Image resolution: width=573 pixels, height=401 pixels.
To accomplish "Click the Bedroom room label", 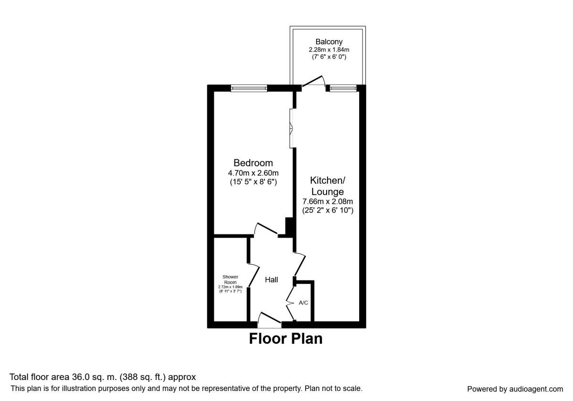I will [253, 163].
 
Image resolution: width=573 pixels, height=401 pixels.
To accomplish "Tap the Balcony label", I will [329, 42].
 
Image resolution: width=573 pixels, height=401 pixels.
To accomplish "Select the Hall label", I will [272, 280].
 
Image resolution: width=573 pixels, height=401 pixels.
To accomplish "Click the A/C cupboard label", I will [303, 303].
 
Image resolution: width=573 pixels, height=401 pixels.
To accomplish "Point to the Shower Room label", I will [230, 279].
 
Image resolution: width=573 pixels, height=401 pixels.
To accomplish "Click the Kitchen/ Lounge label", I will [328, 186].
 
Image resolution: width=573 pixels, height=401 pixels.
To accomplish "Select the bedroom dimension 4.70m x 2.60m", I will [253, 173].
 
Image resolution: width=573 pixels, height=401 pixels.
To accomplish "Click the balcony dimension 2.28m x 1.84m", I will [329, 49].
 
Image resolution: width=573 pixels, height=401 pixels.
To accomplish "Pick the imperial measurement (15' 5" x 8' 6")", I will [253, 182].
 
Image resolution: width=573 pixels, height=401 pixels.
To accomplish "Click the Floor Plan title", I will [286, 339].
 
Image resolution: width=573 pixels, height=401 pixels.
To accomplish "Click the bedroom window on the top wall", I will [249, 88].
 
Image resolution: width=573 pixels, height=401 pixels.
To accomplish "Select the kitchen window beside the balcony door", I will [343, 88].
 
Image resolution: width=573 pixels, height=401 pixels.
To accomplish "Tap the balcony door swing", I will [314, 82].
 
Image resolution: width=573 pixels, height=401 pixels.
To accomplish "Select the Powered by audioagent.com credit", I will [515, 389].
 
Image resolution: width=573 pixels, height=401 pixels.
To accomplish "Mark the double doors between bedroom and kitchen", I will [291, 128].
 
